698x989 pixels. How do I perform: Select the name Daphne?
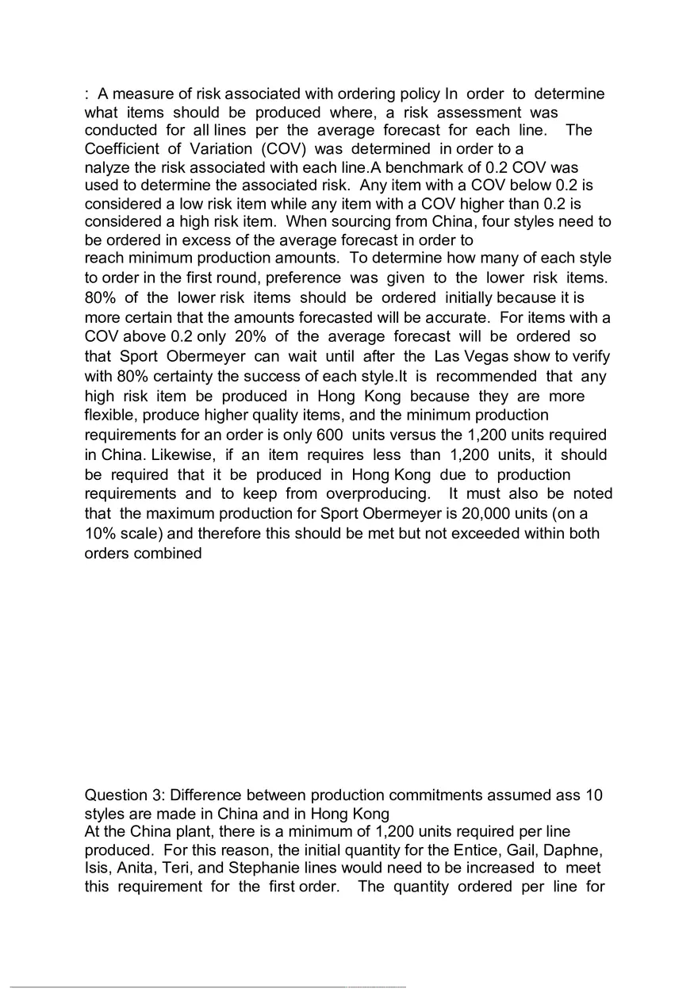(577, 849)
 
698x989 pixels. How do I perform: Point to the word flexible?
(110, 415)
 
